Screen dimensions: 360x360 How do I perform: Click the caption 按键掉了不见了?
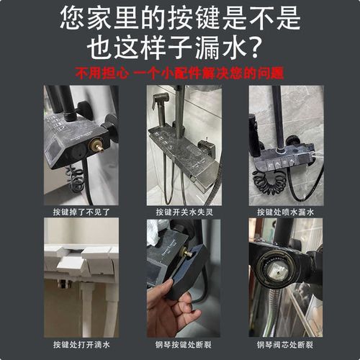(x=78, y=212)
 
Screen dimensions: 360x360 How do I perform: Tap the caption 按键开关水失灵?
(x=180, y=212)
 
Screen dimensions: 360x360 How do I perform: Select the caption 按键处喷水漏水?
(x=282, y=212)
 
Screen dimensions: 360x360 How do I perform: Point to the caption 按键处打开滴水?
(x=78, y=344)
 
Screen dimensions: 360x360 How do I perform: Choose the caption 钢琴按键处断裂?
(x=180, y=344)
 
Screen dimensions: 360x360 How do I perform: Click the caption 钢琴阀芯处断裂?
(x=282, y=344)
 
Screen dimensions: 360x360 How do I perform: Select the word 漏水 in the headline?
(x=216, y=46)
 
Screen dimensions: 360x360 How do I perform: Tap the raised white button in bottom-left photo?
(x=96, y=253)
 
